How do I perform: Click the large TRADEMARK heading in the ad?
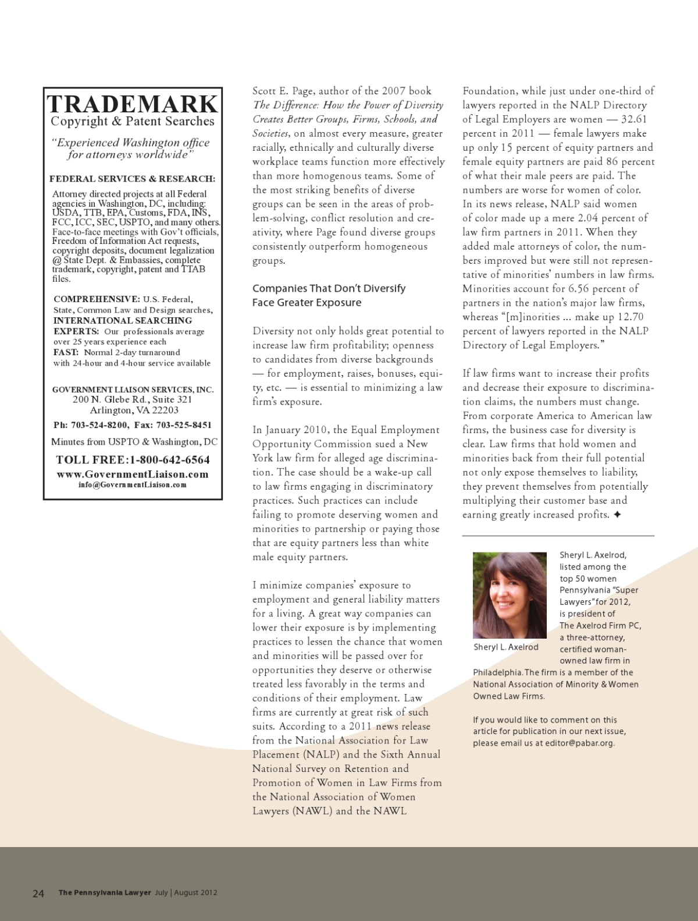(132, 104)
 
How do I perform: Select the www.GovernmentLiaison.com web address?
(132, 474)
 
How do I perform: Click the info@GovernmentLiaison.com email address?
(132, 484)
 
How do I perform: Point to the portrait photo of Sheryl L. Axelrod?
(510, 595)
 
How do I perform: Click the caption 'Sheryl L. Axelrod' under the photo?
(506, 647)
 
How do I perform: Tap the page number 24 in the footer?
(38, 893)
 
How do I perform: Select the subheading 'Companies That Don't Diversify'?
(329, 288)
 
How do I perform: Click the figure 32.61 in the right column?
(634, 119)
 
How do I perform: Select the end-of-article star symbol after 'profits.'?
(617, 515)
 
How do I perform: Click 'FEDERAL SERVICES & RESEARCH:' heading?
(132, 179)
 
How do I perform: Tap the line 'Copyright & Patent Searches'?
(132, 122)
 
